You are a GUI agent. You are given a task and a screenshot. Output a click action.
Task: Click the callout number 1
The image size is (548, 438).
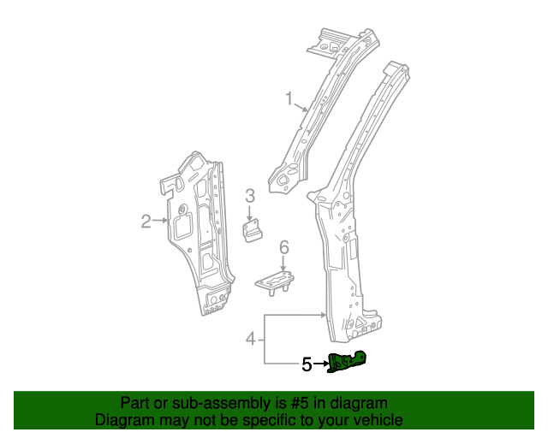pyautogui.click(x=289, y=99)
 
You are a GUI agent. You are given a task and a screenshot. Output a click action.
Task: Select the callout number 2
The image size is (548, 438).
pyautogui.click(x=146, y=222)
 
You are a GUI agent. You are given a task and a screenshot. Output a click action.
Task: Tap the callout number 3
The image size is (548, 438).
pyautogui.click(x=250, y=196)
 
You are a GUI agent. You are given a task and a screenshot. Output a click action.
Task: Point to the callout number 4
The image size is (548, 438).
pyautogui.click(x=251, y=339)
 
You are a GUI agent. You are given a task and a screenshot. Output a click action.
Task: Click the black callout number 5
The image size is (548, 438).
pyautogui.click(x=307, y=364)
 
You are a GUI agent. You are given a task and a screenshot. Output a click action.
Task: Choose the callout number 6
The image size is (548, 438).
pyautogui.click(x=284, y=247)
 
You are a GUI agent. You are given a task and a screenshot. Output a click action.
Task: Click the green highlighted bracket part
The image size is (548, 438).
pyautogui.click(x=348, y=363)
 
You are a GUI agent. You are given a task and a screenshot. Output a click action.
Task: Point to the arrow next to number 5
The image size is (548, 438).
pyautogui.click(x=321, y=364)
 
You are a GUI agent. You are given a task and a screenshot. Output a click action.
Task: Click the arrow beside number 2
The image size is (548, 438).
pyautogui.click(x=160, y=222)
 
